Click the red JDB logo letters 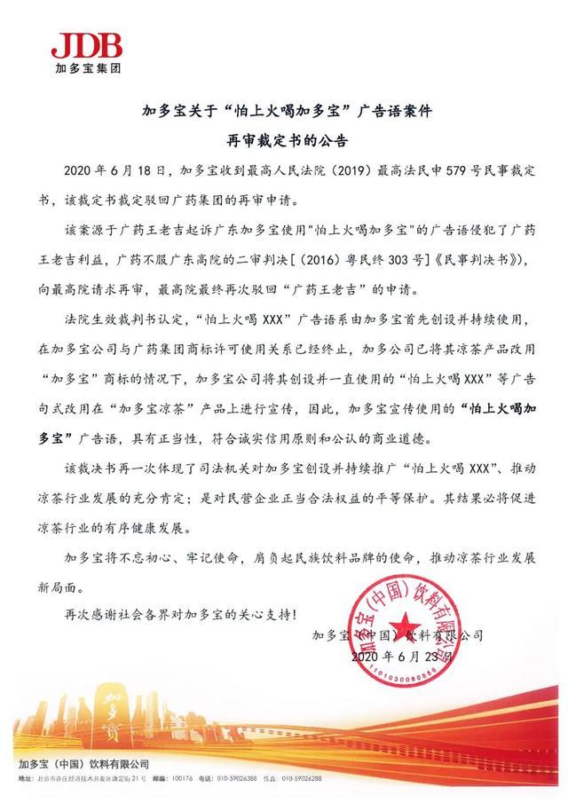point(86,45)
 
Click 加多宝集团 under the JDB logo point(85,67)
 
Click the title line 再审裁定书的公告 point(284,140)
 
